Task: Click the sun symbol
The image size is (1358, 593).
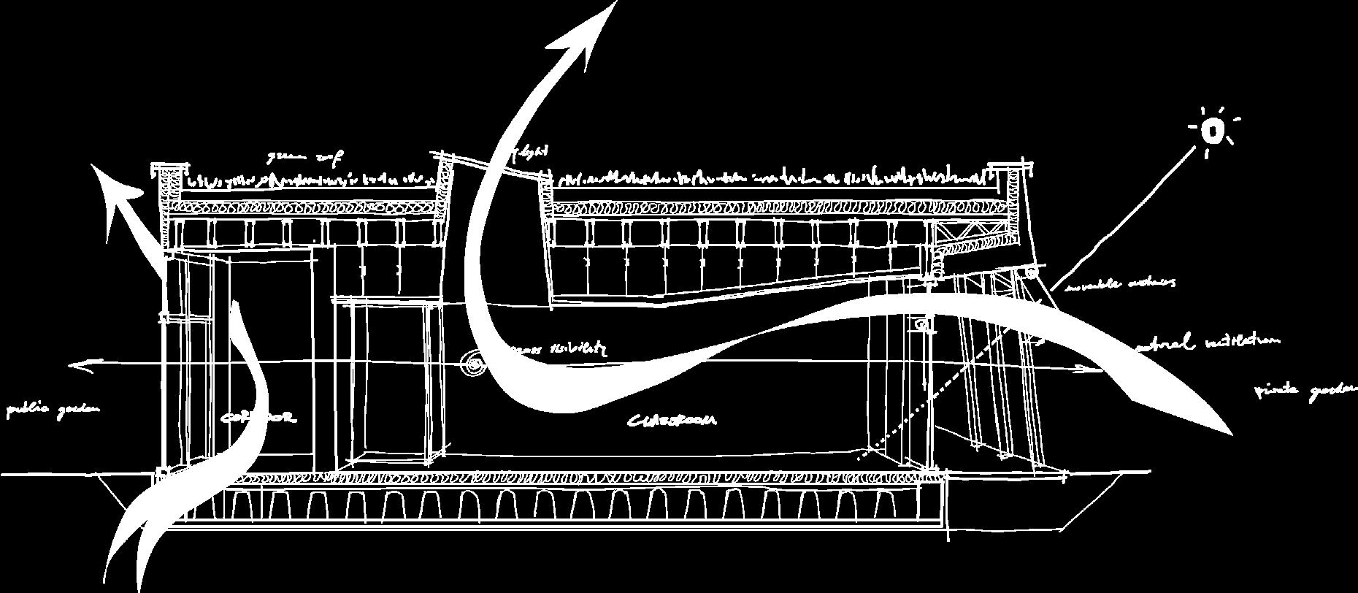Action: coord(1212,131)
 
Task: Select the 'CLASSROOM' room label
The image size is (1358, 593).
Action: coord(672,421)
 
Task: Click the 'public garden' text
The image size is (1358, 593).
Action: coord(52,410)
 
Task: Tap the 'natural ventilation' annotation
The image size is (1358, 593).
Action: coord(1208,342)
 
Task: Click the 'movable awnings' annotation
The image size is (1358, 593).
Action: coord(1121,283)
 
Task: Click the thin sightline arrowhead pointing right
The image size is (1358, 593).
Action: coord(1095,370)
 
